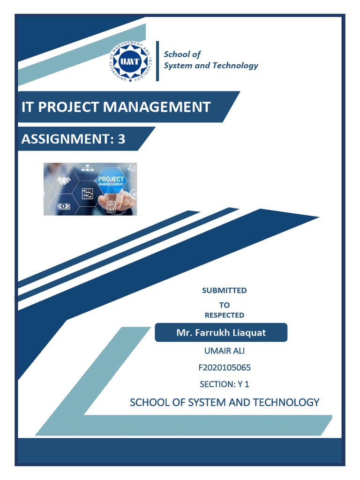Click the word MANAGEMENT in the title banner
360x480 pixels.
click(157, 107)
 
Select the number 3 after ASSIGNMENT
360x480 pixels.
click(121, 139)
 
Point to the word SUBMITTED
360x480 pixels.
click(224, 291)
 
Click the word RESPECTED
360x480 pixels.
click(224, 315)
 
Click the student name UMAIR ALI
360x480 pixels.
click(224, 351)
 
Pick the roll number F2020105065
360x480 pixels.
click(224, 367)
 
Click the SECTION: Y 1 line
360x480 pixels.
click(224, 384)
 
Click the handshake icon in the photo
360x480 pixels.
click(63, 180)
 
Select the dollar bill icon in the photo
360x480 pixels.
click(63, 206)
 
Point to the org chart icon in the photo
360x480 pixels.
click(87, 166)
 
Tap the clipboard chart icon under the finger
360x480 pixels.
click(111, 207)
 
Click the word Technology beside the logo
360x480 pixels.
click(235, 66)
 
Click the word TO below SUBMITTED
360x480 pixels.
click(224, 305)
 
